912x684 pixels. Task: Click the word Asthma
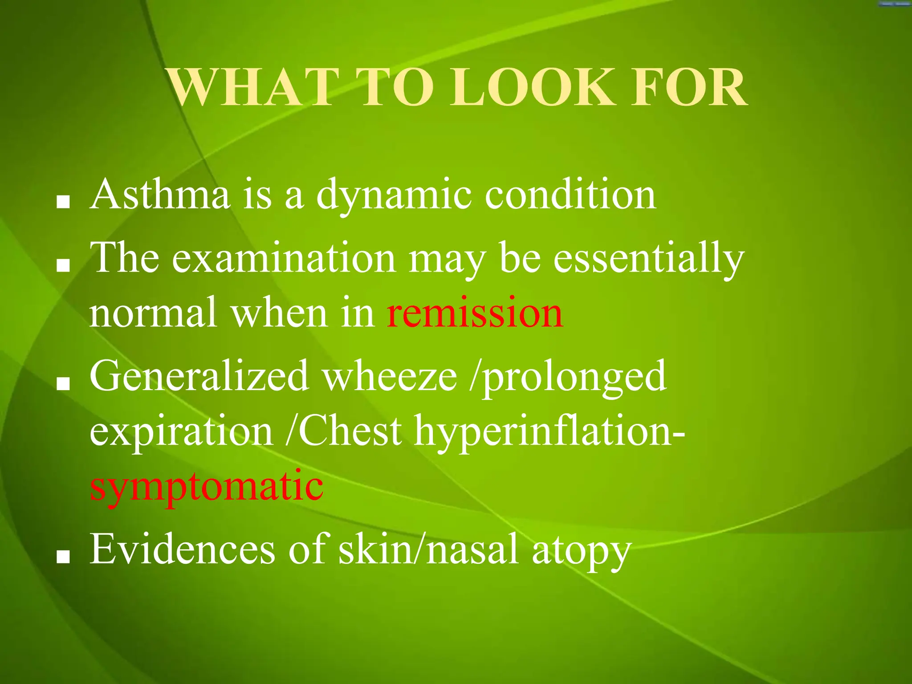(160, 194)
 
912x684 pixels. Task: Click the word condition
(570, 194)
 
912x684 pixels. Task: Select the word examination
(284, 258)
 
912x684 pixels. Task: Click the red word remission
(475, 313)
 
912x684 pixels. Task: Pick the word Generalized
(199, 377)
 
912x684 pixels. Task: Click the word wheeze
(390, 377)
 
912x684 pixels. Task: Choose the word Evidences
(183, 550)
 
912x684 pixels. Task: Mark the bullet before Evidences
(63, 557)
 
